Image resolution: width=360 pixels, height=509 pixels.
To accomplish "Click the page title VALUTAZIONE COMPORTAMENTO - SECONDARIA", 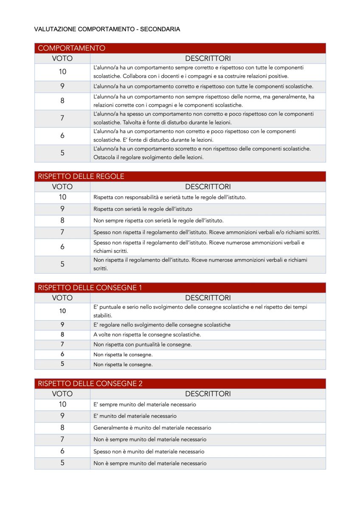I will click(x=107, y=29).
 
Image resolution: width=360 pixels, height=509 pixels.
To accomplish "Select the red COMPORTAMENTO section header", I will click(x=71, y=48).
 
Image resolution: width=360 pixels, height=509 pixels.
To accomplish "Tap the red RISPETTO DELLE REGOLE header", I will click(x=81, y=176).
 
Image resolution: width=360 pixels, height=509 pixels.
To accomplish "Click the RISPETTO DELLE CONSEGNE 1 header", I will click(x=90, y=288).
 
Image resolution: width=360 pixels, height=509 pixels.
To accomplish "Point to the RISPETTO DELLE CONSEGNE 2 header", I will click(x=90, y=383).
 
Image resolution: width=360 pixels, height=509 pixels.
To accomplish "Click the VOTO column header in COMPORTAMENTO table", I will click(x=62, y=59).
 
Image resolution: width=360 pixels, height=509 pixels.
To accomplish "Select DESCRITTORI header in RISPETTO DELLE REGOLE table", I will click(x=208, y=187).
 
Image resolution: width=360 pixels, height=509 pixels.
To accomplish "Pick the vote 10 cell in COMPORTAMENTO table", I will click(x=62, y=72).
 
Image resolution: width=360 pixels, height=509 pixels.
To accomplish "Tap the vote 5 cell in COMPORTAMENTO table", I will click(x=62, y=153).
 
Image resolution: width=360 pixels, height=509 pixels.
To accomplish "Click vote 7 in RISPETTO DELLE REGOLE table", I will click(x=62, y=232).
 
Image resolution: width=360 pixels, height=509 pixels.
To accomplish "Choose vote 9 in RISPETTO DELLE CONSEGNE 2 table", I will click(x=62, y=416).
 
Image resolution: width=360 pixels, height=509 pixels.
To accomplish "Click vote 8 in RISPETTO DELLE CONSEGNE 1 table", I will click(x=62, y=335).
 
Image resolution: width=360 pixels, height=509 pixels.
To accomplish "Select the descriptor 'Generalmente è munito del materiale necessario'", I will click(x=152, y=428).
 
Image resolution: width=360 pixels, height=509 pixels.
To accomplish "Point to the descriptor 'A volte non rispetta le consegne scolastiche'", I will click(x=147, y=335).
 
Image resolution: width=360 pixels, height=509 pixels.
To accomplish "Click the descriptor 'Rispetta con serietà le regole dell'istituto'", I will click(x=143, y=209).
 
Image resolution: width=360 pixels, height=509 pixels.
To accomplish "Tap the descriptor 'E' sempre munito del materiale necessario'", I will click(x=145, y=405).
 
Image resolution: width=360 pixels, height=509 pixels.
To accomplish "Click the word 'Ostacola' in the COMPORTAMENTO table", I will click(x=104, y=157).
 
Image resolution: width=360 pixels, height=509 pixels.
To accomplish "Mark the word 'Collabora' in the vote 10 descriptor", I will click(x=182, y=76).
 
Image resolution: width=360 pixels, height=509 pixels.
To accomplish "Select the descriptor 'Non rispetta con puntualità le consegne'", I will click(x=142, y=344).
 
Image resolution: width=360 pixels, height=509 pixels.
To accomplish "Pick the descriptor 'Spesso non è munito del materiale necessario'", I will click(x=149, y=452).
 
